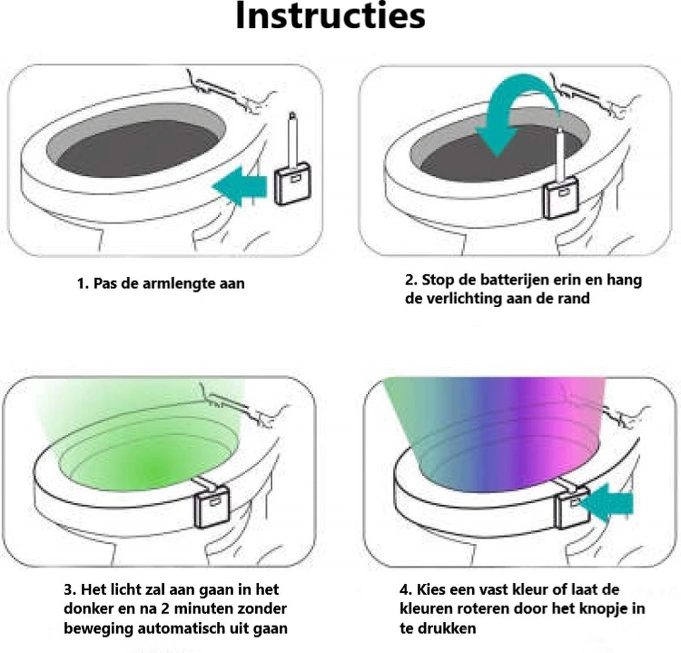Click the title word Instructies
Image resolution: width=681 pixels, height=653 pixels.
point(330,16)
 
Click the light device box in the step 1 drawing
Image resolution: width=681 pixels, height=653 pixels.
point(293,183)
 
